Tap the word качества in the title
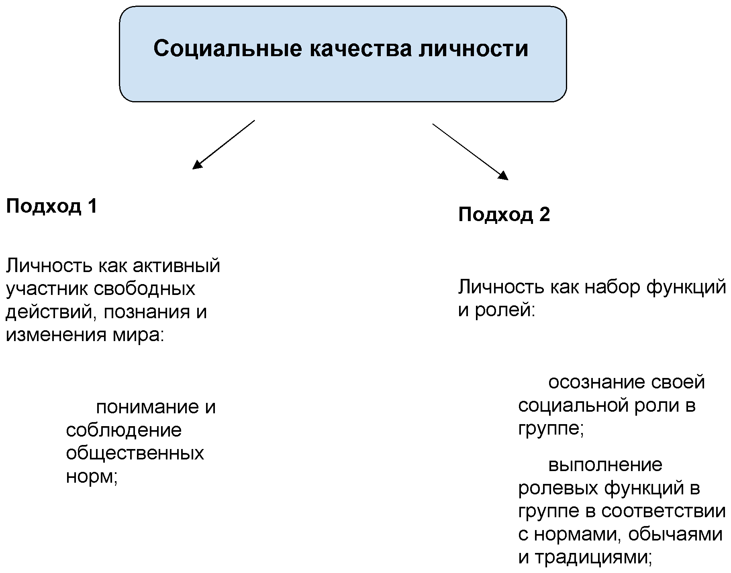point(361,49)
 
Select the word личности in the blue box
point(474,49)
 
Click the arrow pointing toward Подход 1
point(224,144)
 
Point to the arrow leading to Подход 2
point(470,152)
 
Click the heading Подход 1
point(51,207)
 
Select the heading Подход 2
point(504,215)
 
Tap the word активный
point(176,266)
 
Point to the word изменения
point(55,335)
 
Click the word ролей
point(505,311)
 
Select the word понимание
point(147,407)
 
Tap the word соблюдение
point(124,431)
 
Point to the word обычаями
point(675,534)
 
